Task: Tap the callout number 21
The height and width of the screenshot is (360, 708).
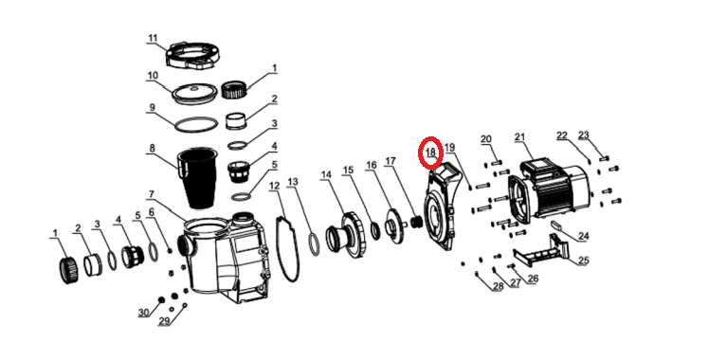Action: tap(519, 137)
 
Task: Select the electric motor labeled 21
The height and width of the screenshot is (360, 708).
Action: tap(550, 190)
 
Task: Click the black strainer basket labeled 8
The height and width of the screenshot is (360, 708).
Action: tap(198, 178)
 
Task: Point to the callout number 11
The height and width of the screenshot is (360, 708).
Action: tap(153, 38)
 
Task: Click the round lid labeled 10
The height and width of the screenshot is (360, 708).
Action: tap(194, 95)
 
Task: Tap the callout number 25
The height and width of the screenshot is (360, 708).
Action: tap(584, 261)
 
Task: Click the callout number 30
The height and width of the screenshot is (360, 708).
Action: tap(143, 313)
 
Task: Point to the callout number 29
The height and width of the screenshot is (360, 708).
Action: tap(164, 322)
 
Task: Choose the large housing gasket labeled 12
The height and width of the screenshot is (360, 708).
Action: tap(287, 248)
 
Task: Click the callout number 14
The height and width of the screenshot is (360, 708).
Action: tap(326, 174)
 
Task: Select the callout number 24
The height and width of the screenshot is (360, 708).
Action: tap(584, 236)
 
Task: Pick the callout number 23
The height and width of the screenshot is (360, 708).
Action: tap(584, 135)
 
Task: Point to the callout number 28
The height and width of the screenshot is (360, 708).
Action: tap(498, 286)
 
